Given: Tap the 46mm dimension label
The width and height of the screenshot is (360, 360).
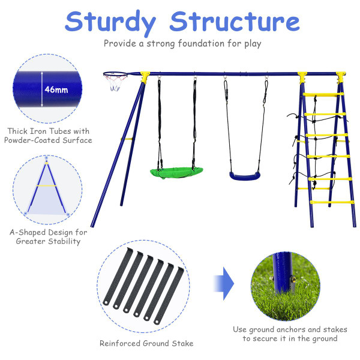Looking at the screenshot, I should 56,90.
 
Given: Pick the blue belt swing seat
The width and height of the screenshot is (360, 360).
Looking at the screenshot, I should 245,176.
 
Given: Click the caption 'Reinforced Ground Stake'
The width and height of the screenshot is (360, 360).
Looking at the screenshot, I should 146,344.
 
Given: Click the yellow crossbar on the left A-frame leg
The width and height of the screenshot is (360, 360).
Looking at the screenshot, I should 127,139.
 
